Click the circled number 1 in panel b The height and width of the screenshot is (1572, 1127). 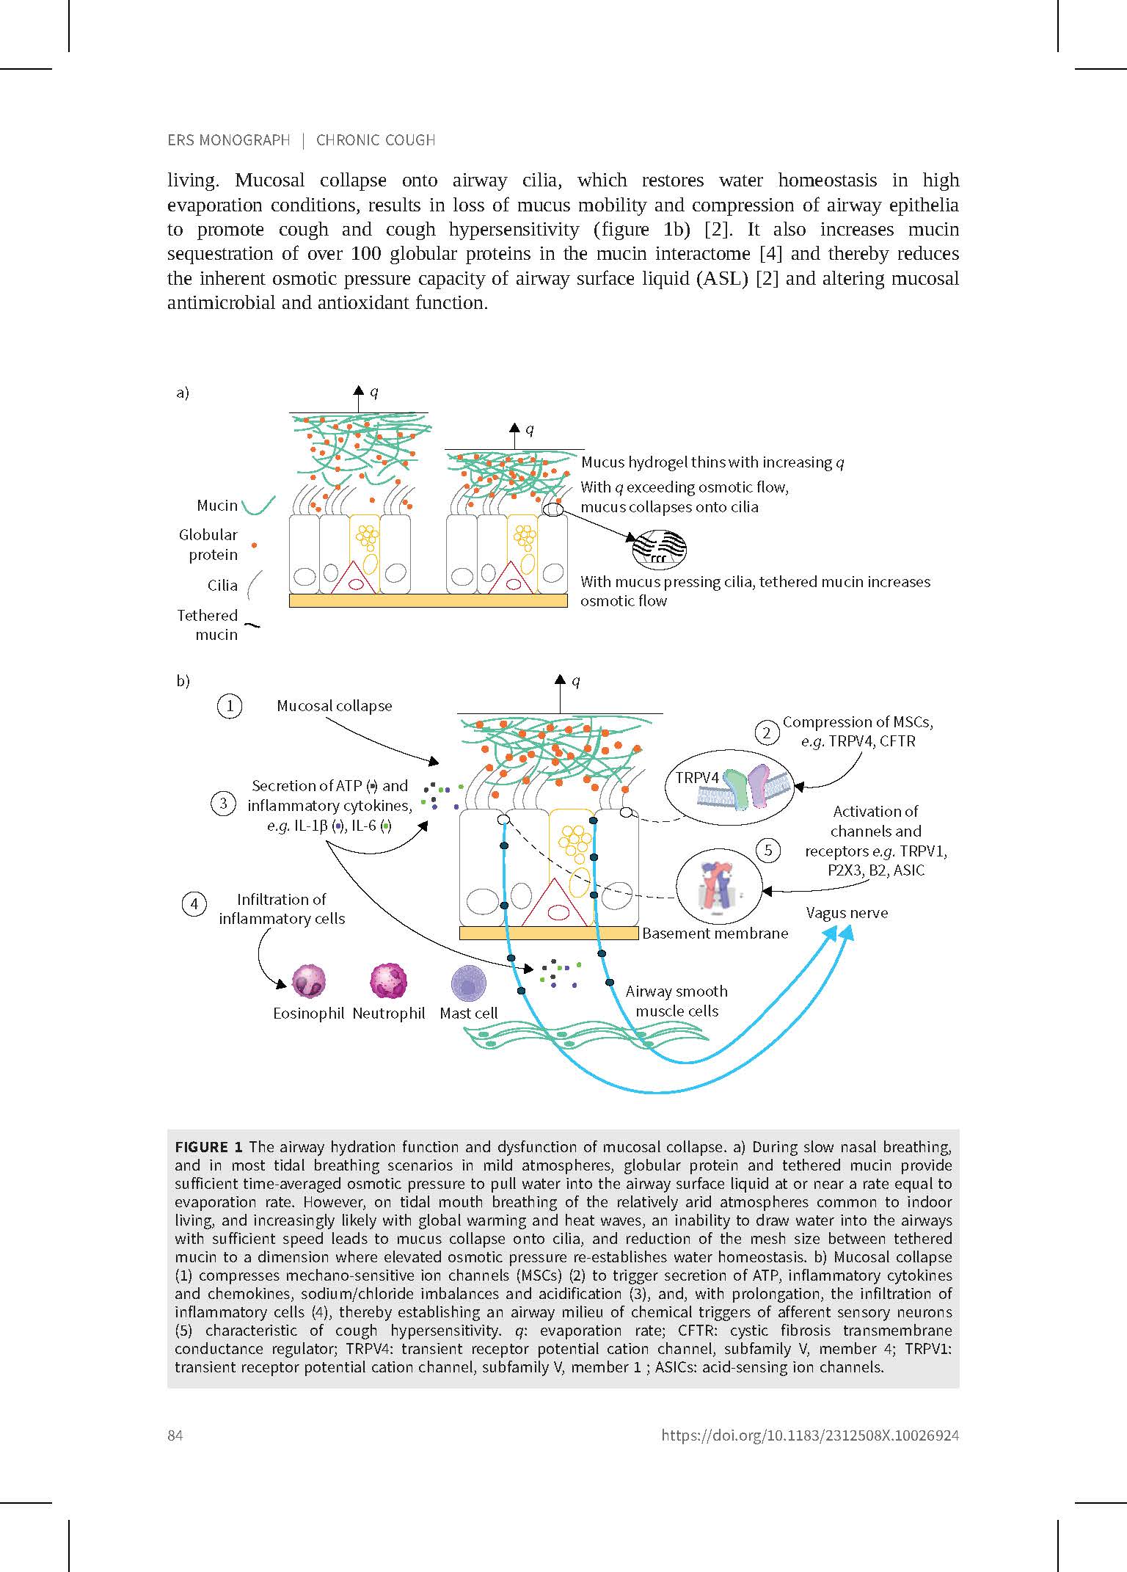230,706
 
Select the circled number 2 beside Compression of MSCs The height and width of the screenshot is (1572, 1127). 767,732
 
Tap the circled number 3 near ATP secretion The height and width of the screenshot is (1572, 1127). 224,803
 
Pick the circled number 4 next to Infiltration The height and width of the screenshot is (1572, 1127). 194,904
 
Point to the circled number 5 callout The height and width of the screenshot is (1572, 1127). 768,851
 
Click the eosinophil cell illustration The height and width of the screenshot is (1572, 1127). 308,982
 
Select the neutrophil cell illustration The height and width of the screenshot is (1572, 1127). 389,982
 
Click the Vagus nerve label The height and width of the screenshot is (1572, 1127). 847,913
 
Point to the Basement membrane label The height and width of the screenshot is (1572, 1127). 715,934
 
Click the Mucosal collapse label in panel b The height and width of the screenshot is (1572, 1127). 334,706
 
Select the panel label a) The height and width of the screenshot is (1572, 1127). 183,393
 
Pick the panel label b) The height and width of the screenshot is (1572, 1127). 183,681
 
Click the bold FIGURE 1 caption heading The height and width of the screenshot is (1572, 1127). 208,1147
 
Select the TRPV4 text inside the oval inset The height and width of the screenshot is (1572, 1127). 697,777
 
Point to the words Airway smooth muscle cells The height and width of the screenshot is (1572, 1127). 676,1001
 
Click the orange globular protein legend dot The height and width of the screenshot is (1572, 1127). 253,545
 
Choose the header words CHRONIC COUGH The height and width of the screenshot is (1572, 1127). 376,140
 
